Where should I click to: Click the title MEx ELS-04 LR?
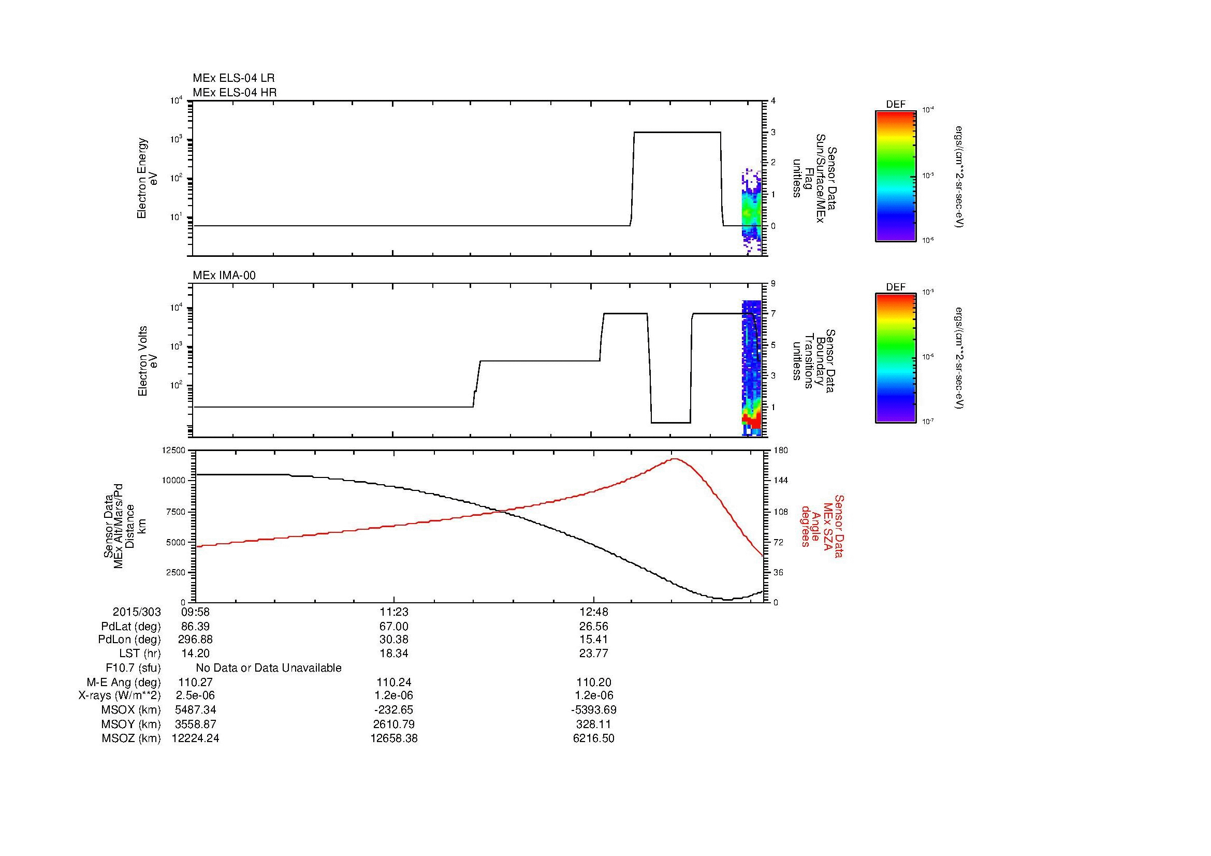click(x=233, y=78)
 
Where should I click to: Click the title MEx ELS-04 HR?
click(x=234, y=92)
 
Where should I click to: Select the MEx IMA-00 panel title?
click(x=224, y=275)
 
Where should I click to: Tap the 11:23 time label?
click(x=394, y=612)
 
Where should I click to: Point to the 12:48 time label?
click(x=594, y=612)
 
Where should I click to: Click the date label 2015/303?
click(x=137, y=612)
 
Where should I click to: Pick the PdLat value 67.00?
click(x=394, y=627)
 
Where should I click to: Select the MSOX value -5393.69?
click(x=594, y=709)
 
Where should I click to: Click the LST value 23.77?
click(x=594, y=654)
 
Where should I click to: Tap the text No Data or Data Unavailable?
click(x=269, y=668)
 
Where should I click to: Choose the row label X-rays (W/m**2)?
click(x=119, y=695)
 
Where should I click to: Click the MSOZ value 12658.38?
click(x=394, y=738)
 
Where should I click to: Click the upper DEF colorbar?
click(x=895, y=176)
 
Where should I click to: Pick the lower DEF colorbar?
click(x=895, y=358)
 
